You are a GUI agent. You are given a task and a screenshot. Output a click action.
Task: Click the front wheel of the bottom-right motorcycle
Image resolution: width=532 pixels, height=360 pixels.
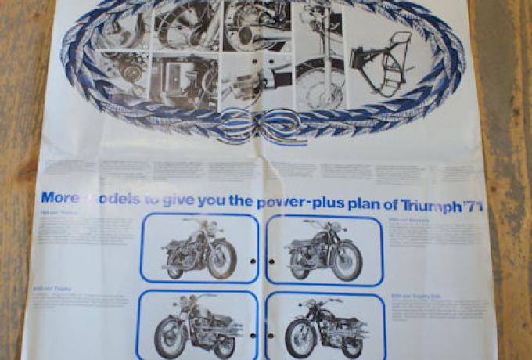click(x=300, y=338)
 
